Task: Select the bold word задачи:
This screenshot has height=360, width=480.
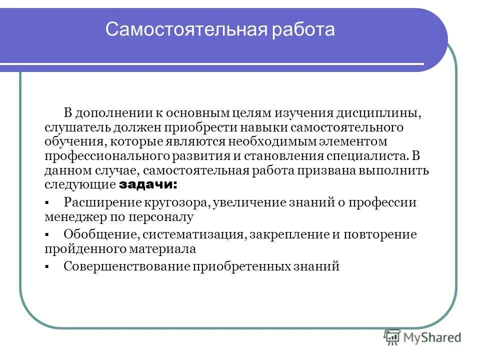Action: (148, 184)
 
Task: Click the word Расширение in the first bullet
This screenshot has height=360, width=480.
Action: (94, 202)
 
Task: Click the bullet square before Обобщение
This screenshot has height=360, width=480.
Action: (46, 235)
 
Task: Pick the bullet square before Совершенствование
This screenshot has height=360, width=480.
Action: (46, 267)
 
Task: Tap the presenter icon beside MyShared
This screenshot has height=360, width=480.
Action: (392, 338)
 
